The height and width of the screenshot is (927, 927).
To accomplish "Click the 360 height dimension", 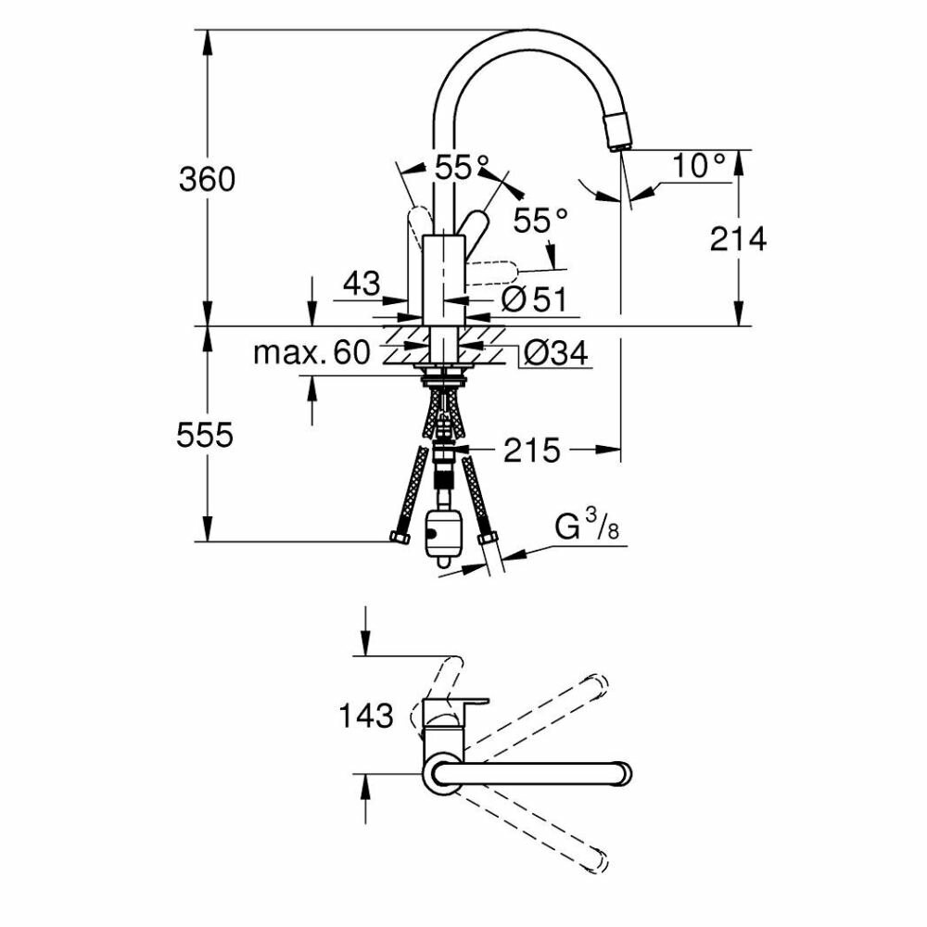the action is click(207, 178).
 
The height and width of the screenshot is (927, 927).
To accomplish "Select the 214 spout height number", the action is click(739, 239).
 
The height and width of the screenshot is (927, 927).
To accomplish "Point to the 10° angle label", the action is click(699, 167).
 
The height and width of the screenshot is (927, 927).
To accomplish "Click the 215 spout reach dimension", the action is click(533, 451).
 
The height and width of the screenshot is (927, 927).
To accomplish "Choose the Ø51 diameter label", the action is click(532, 299).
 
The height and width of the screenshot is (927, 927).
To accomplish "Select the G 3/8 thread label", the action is click(586, 528).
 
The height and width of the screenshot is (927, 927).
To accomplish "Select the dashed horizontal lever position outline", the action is click(491, 274).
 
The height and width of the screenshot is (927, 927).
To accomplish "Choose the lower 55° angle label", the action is click(541, 221).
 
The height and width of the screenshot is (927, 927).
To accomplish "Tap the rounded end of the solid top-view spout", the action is click(625, 771).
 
